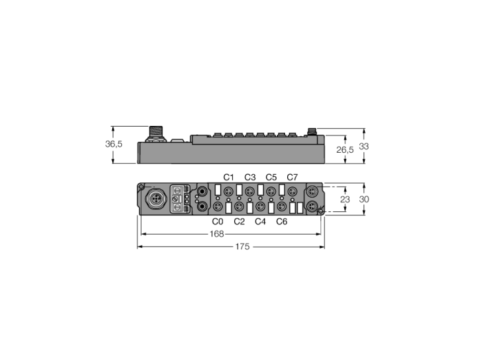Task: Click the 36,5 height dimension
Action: (114, 144)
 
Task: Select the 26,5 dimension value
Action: (345, 149)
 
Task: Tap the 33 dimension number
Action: (364, 147)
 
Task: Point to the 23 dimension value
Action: (345, 200)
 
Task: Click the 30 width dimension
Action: (364, 200)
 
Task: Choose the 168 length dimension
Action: (217, 234)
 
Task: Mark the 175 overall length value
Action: (242, 246)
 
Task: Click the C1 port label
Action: (229, 177)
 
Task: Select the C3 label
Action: (250, 177)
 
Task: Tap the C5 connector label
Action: (271, 177)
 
